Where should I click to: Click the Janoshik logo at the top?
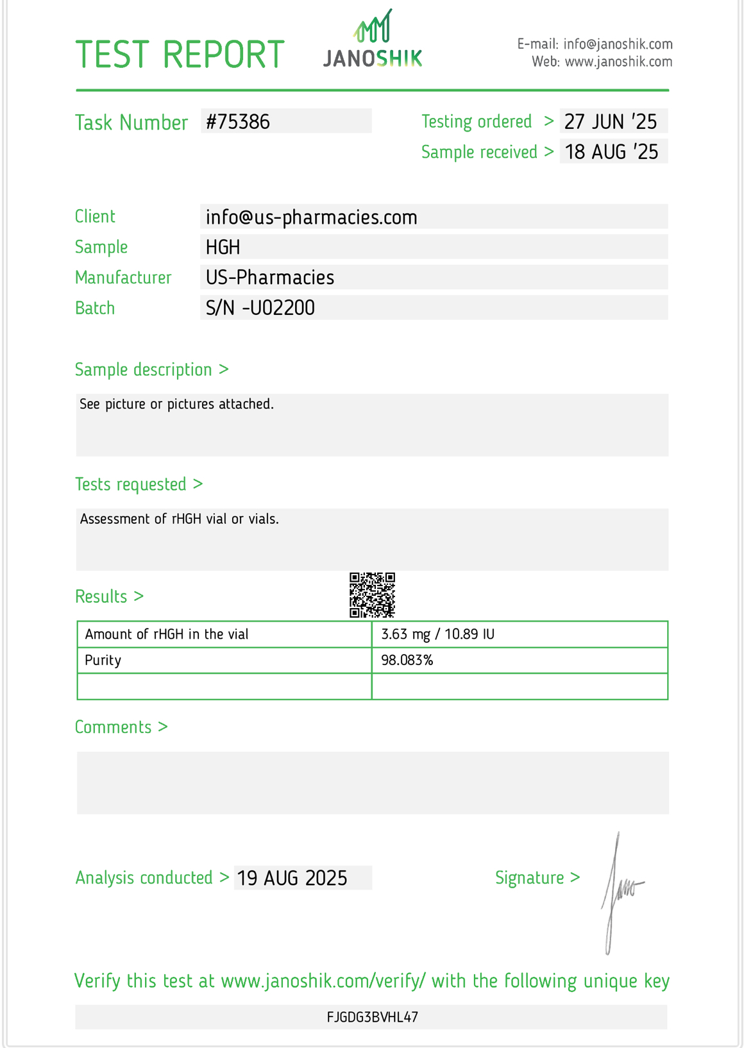[373, 40]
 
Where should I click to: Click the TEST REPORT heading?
[180, 55]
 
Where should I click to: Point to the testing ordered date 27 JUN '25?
[611, 121]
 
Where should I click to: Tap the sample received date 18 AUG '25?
[611, 152]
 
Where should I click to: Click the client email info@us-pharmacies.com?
[311, 217]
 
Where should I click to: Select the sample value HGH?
[223, 247]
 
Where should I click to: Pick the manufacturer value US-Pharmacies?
[270, 278]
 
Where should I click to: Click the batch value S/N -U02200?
[260, 308]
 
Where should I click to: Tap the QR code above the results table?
[372, 595]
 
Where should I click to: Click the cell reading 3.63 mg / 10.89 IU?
[437, 634]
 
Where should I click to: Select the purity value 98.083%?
[407, 661]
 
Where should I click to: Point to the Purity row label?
[103, 661]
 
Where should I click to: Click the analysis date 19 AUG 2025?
[292, 878]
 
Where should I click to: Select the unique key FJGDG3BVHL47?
[372, 1017]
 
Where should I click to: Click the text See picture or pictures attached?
[176, 404]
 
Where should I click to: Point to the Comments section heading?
[121, 727]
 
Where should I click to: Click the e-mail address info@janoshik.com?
[618, 44]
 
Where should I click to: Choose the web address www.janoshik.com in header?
[618, 62]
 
